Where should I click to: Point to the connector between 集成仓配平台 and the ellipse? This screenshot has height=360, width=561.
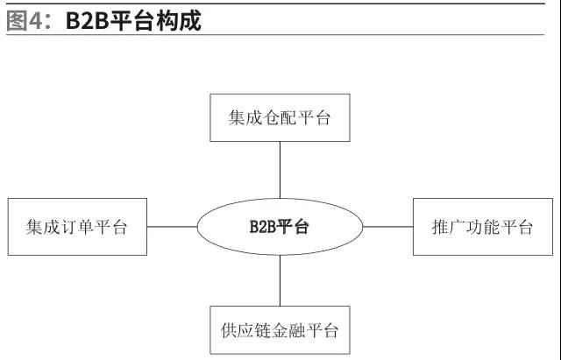[280, 170]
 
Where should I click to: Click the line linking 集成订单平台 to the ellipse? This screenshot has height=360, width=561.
[172, 227]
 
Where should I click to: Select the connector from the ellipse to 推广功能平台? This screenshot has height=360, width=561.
[387, 227]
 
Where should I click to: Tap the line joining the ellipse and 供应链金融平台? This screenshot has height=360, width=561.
[280, 280]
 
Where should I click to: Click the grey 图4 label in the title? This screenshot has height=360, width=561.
[25, 21]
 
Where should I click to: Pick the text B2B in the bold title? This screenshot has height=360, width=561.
[88, 21]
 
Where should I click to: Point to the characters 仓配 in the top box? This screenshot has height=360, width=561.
[280, 117]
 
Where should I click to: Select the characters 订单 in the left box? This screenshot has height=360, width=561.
[77, 227]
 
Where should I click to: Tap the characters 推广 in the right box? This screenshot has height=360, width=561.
[448, 227]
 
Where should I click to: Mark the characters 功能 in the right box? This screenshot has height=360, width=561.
[482, 227]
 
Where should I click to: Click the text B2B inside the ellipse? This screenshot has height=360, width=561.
[263, 227]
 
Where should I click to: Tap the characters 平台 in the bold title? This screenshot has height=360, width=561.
[132, 21]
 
